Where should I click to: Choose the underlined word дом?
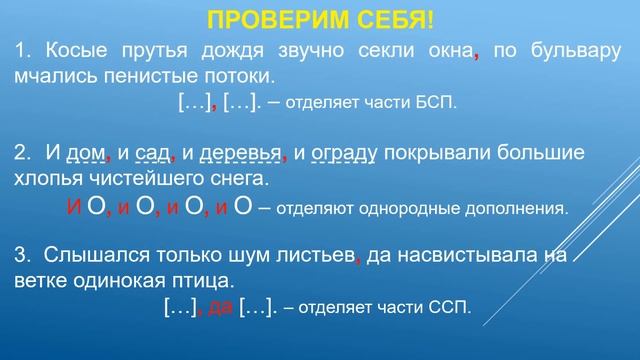[x=85, y=154]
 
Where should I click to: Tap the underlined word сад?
[x=154, y=154]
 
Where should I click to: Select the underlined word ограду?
[x=344, y=154]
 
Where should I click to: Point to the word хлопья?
[x=49, y=178]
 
